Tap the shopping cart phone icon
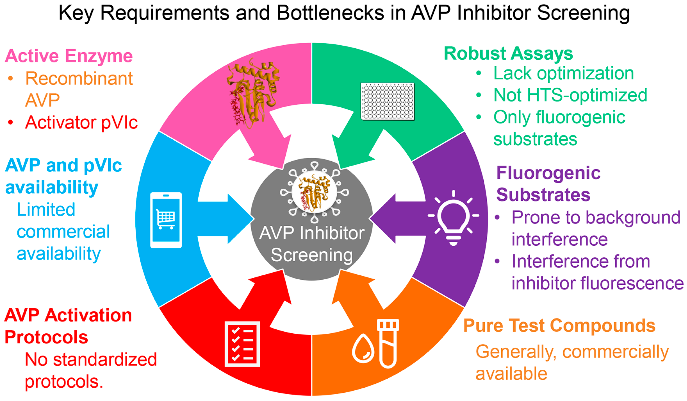(166, 220)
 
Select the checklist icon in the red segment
(242, 344)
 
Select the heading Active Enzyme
(69, 56)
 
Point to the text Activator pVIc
(81, 122)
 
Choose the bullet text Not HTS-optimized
(570, 95)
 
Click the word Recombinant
(79, 78)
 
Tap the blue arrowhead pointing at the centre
(240, 219)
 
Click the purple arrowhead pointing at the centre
(383, 219)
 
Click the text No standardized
(91, 359)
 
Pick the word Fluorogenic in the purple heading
(548, 173)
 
